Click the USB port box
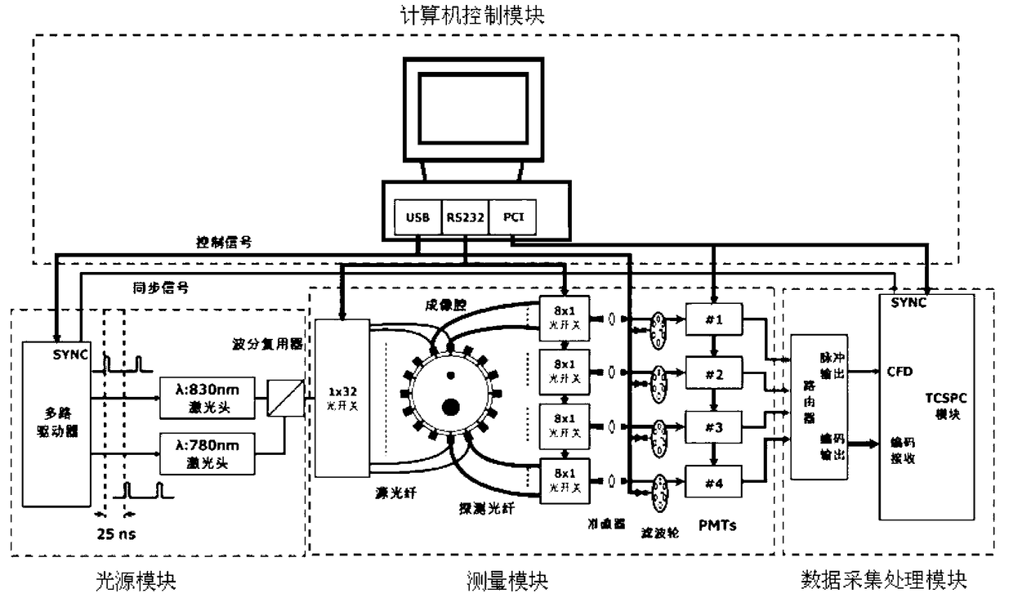point(417,217)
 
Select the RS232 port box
point(465,217)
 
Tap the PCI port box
point(512,217)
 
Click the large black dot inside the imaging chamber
point(450,406)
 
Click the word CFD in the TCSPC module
point(899,371)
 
